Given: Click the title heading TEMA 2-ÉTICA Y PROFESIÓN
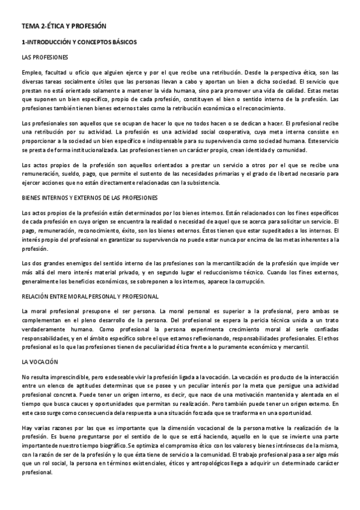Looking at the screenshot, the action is tap(63, 27).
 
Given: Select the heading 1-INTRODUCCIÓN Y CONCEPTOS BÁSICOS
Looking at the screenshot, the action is tap(79, 43).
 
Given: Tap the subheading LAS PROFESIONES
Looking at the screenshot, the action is tap(44, 58).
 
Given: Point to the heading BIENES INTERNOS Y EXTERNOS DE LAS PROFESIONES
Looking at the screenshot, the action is tap(90, 197).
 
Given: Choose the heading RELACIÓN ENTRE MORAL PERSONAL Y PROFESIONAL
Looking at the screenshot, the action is tap(90, 296).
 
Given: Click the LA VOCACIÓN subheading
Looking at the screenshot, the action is tap(39, 362).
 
